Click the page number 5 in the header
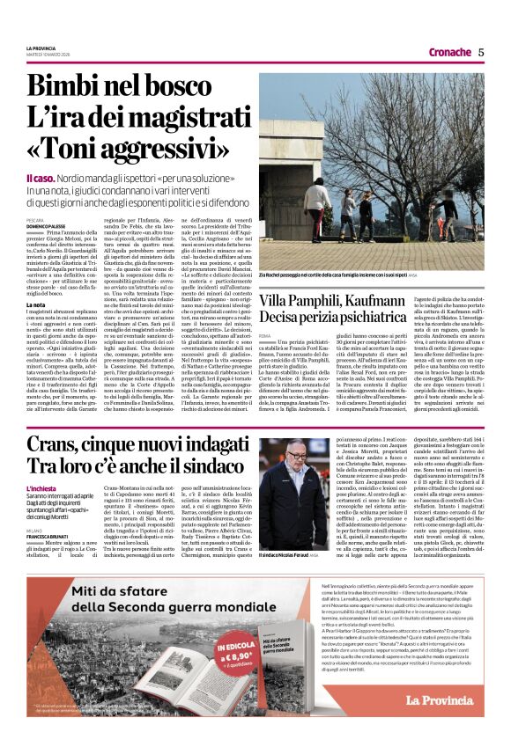(x=481, y=52)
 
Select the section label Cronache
(x=449, y=52)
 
